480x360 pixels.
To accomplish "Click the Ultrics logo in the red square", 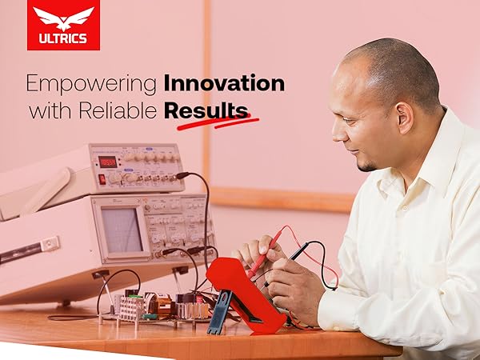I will (x=63, y=25).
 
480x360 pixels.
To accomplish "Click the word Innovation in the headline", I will (x=224, y=83).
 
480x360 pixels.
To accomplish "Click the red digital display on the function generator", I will (x=107, y=162).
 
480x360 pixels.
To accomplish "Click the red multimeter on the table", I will (x=243, y=288).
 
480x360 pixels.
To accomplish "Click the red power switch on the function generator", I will (x=102, y=178).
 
